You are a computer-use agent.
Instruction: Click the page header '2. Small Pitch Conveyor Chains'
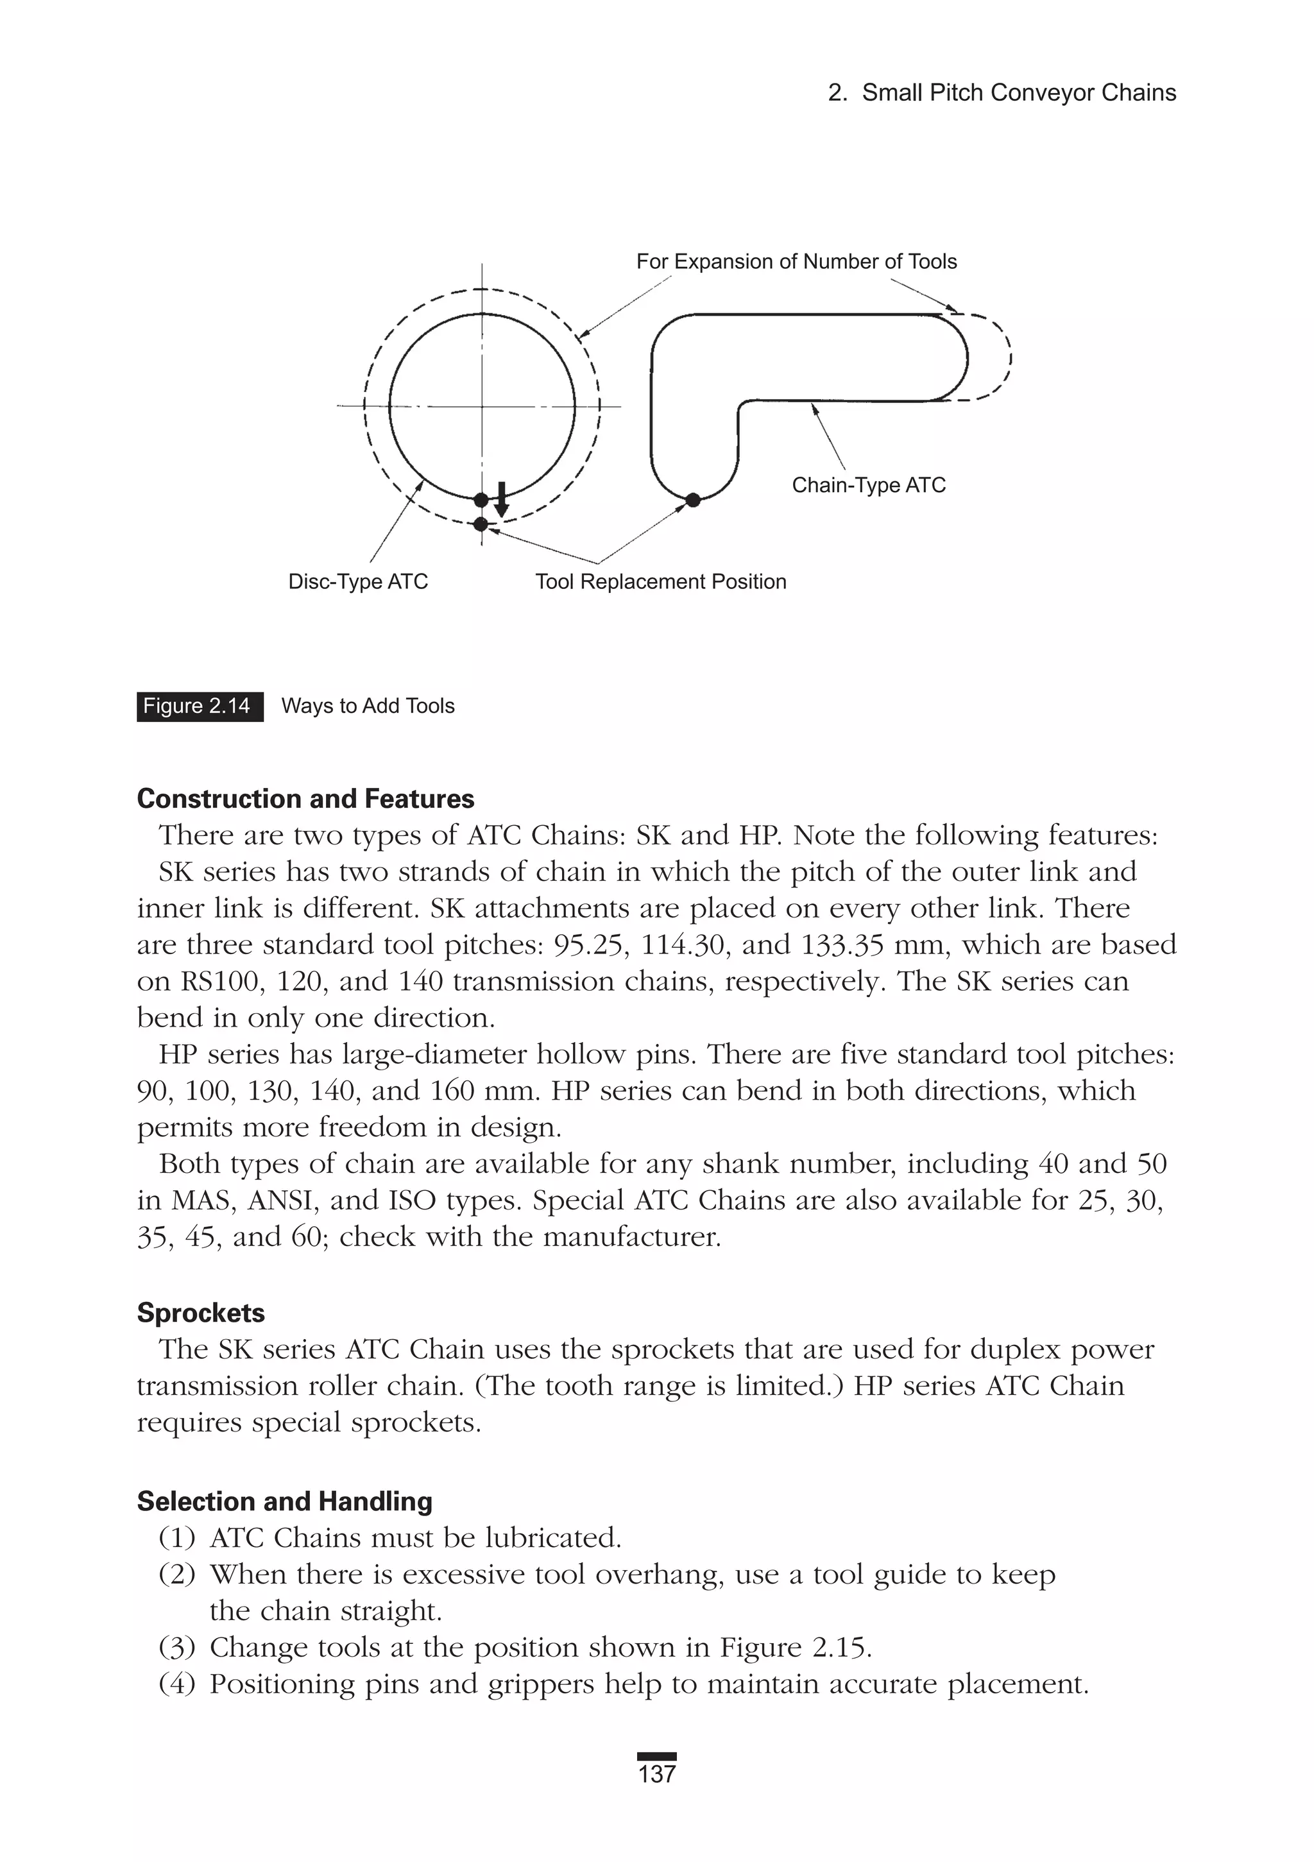[x=1001, y=92]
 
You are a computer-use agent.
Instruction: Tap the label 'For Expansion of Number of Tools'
[x=796, y=261]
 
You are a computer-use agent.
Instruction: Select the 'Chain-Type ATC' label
[x=868, y=485]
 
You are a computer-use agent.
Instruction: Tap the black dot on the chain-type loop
[x=693, y=500]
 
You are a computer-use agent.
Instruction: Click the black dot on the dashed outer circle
[x=481, y=524]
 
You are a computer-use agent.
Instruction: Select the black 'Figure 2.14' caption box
[x=200, y=706]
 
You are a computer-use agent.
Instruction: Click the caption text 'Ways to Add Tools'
[x=368, y=706]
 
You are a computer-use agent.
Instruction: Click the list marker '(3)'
[x=177, y=1647]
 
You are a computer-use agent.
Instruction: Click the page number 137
[x=656, y=1774]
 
